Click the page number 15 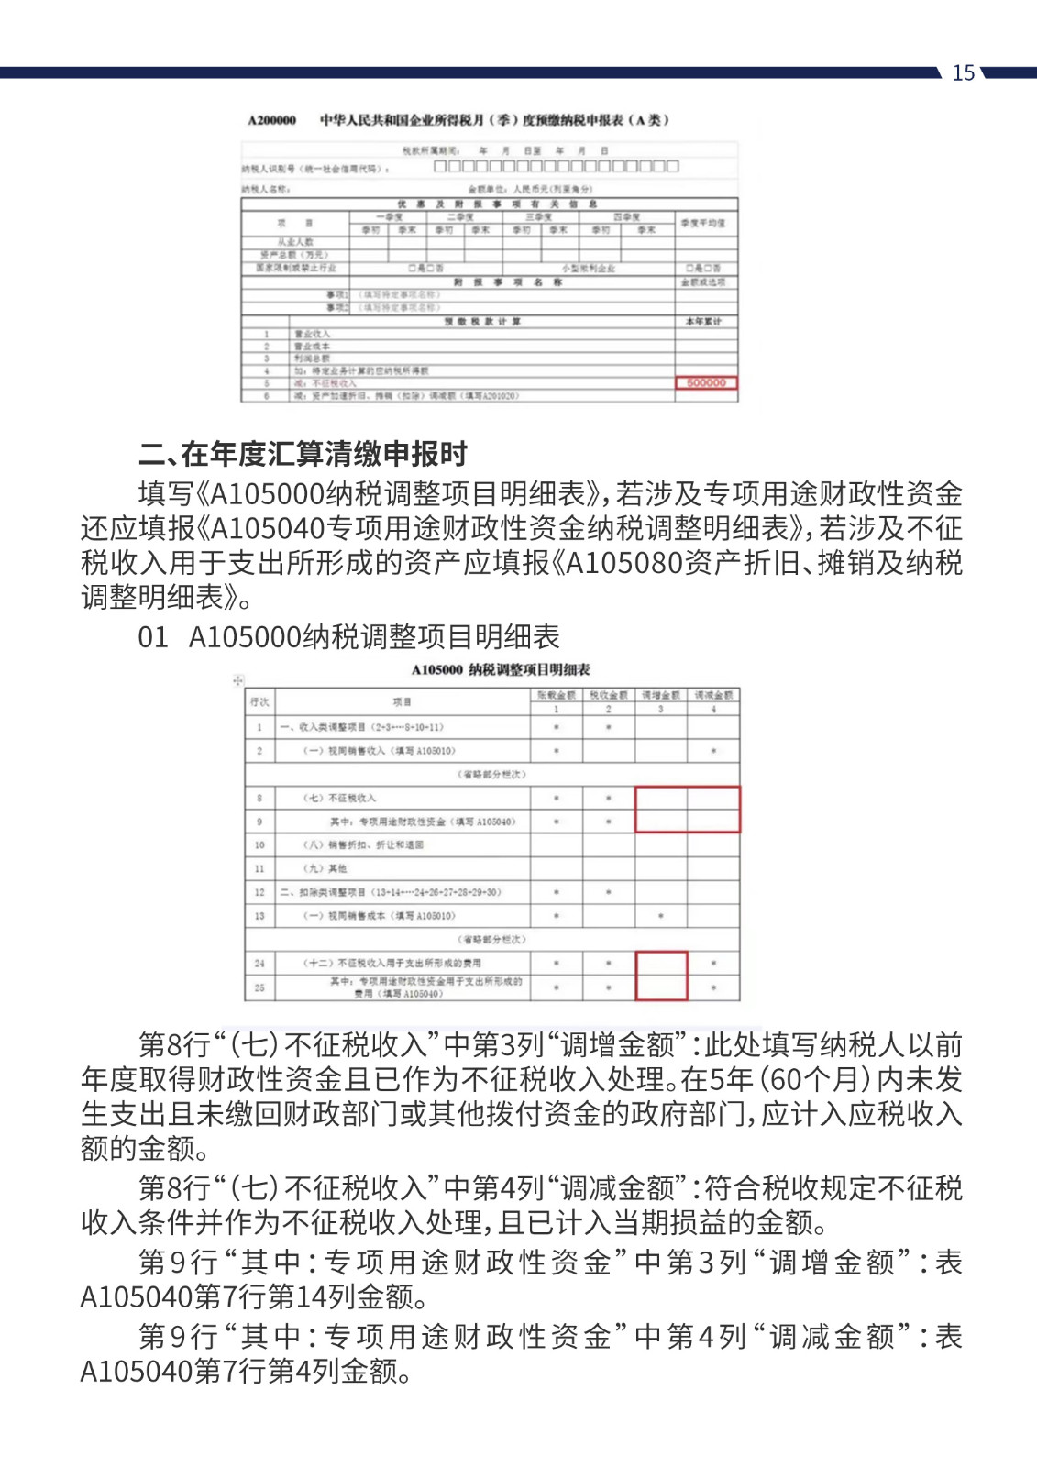[963, 73]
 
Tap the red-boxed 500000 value [706, 383]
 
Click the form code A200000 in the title [272, 120]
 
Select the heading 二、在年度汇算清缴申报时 [303, 454]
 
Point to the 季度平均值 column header [703, 223]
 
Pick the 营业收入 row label [312, 335]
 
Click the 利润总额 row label [312, 358]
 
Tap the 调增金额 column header [660, 696]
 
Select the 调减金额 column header [713, 696]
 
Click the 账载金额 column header [556, 696]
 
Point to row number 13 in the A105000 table [259, 916]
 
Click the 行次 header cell [259, 702]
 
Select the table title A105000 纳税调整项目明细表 [501, 670]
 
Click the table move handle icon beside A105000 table [238, 680]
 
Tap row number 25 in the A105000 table [259, 987]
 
